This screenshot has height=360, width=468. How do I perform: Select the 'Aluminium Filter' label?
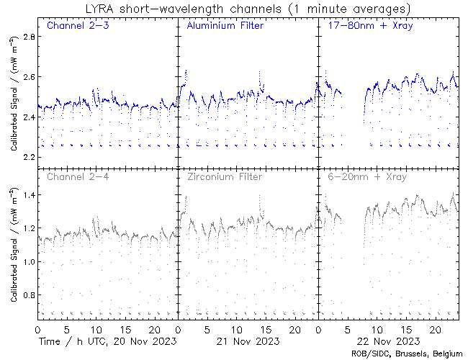pyautogui.click(x=225, y=26)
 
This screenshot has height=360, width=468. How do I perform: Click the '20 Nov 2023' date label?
pyautogui.click(x=140, y=340)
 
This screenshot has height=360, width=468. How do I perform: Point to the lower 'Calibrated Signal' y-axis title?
pyautogui.click(x=14, y=245)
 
